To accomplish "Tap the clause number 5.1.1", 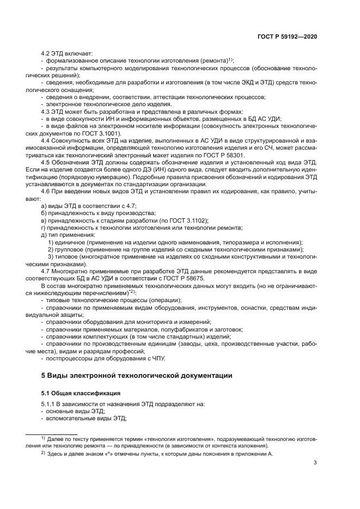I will click(x=50, y=404).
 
